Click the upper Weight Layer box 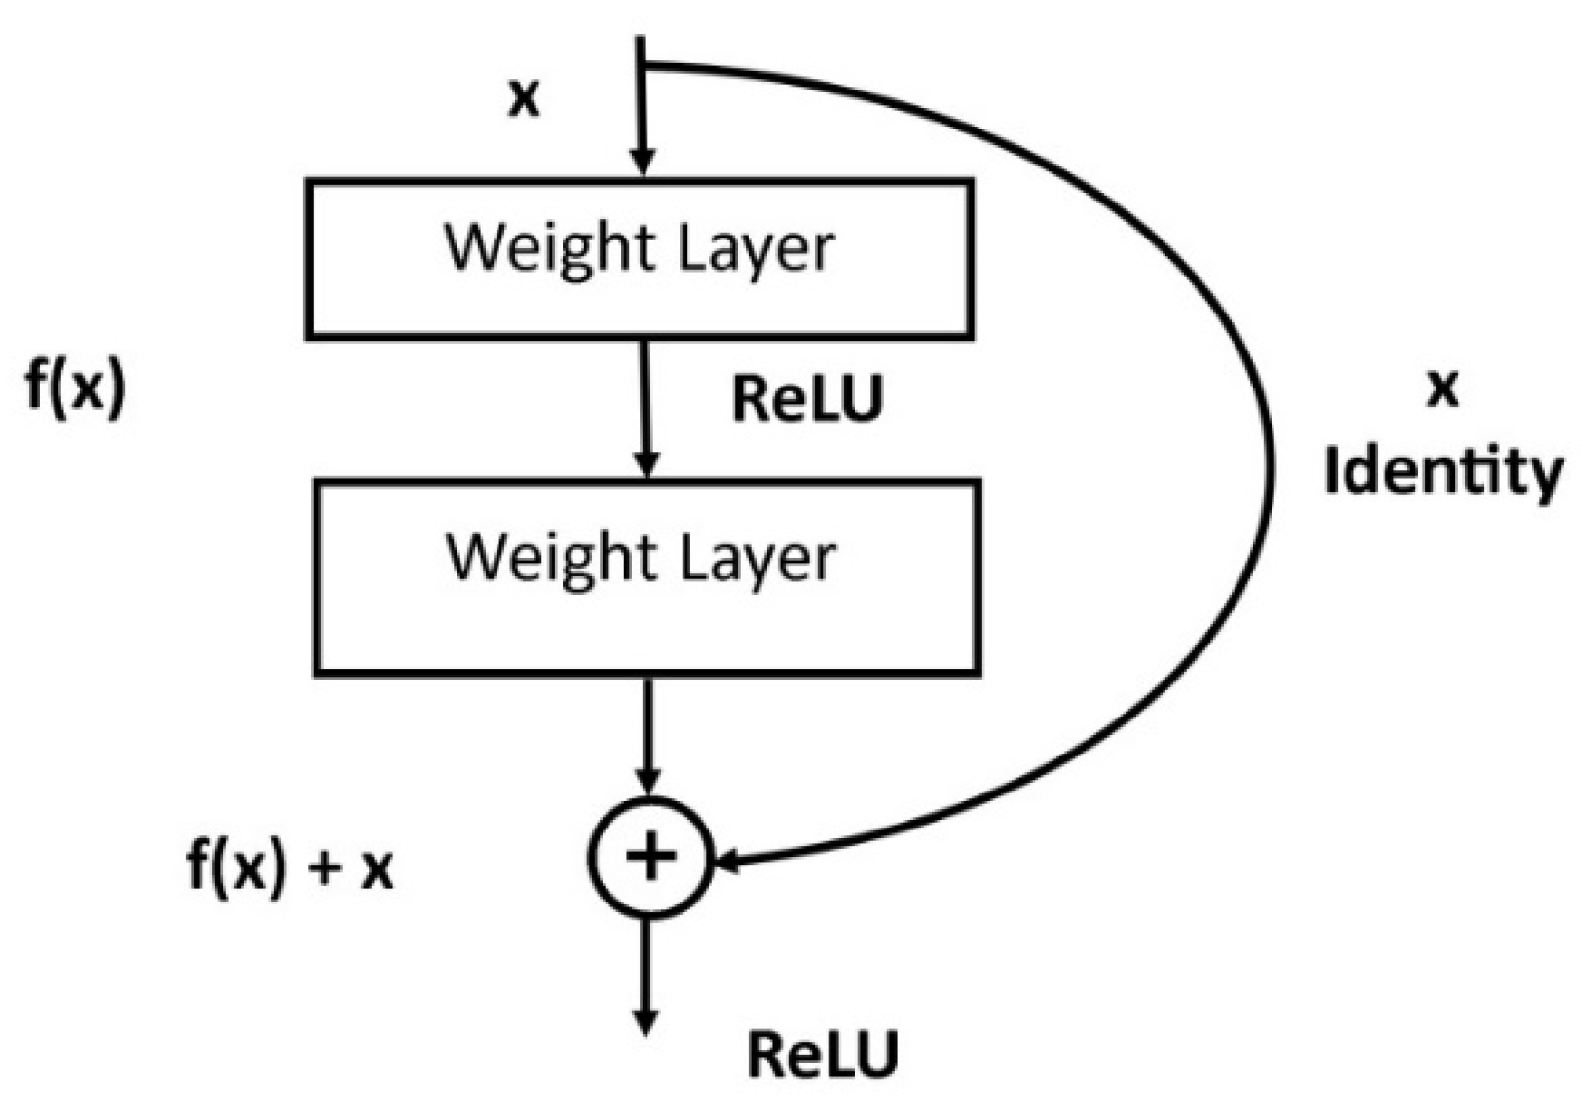[x=639, y=259]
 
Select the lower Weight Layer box [x=646, y=576]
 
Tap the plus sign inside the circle [x=650, y=857]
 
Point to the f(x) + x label [x=290, y=866]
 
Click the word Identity [x=1442, y=473]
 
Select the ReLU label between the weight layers [x=807, y=399]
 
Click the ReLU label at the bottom [x=823, y=1054]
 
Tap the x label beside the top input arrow [x=524, y=98]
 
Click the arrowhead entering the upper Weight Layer [x=641, y=163]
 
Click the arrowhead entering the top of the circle [x=647, y=780]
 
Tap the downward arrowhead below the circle [x=645, y=1022]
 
